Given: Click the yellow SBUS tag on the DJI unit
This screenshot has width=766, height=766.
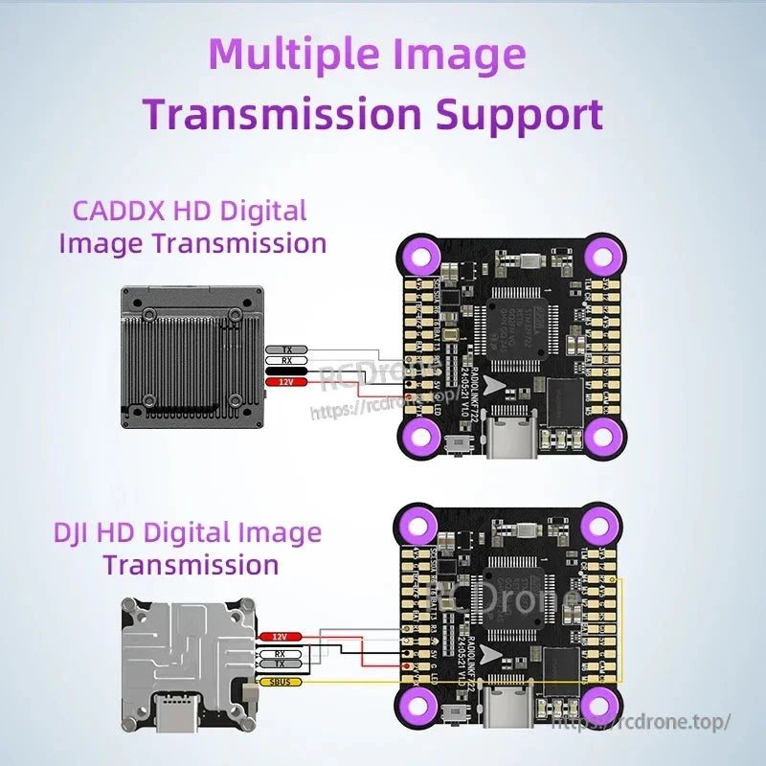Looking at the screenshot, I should pyautogui.click(x=281, y=682).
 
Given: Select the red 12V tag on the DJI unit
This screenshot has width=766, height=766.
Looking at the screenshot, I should pyautogui.click(x=281, y=637).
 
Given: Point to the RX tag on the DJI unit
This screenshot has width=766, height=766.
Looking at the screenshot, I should pyautogui.click(x=281, y=653).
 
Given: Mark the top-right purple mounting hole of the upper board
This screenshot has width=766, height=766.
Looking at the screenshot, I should pyautogui.click(x=602, y=256).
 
